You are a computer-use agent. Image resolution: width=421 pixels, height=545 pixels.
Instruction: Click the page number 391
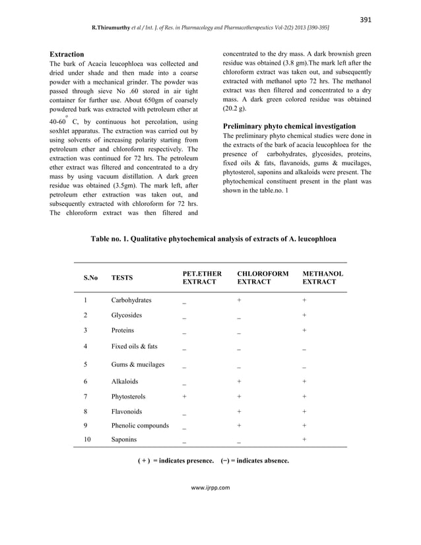(364, 19)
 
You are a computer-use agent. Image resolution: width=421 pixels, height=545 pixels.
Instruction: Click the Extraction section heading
(67, 53)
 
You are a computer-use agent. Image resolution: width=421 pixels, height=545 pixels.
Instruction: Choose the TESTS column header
(121, 278)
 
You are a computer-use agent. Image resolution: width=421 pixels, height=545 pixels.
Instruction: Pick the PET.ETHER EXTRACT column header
(202, 277)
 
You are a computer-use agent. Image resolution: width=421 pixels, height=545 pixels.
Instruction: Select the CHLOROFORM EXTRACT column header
(263, 277)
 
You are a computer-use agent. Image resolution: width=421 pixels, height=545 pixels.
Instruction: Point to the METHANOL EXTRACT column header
(322, 277)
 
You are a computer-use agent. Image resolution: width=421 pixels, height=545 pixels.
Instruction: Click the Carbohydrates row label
(131, 300)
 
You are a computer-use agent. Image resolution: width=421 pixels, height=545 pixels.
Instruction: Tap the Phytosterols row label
(129, 397)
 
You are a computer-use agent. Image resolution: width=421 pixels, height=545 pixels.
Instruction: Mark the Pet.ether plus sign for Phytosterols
(185, 397)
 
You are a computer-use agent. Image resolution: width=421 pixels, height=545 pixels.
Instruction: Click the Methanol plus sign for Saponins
(304, 439)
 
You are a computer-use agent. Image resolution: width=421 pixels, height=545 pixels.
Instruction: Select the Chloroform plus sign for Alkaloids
(239, 381)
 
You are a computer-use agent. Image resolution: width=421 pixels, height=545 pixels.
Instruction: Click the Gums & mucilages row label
(138, 364)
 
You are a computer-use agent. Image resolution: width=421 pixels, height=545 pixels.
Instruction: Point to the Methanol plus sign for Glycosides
(304, 315)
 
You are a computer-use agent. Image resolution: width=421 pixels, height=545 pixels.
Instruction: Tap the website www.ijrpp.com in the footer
(210, 488)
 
